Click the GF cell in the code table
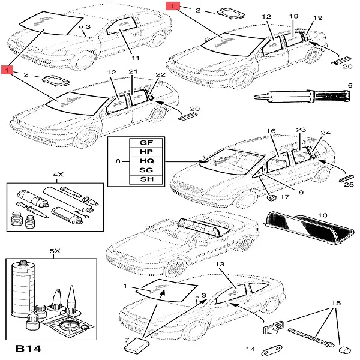click(146, 143)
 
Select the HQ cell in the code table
click(146, 161)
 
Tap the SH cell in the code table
click(146, 179)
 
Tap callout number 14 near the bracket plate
click(251, 349)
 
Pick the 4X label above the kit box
click(58, 175)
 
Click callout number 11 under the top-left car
click(136, 58)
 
